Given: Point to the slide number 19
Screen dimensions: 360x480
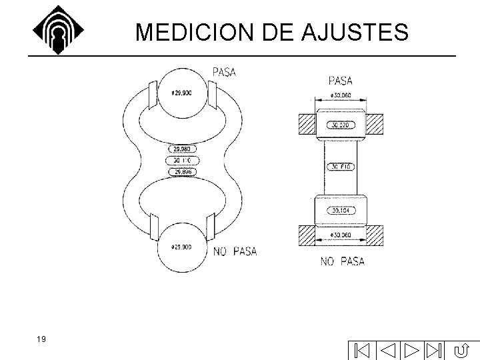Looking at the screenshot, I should pyautogui.click(x=41, y=339).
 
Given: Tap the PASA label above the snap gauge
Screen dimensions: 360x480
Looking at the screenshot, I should pyautogui.click(x=225, y=71).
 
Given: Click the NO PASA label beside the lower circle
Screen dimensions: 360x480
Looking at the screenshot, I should pyautogui.click(x=235, y=251).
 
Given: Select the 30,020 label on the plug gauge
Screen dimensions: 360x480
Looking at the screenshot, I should pyautogui.click(x=341, y=125).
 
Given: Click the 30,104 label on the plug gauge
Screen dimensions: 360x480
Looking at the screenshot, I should pyautogui.click(x=341, y=211).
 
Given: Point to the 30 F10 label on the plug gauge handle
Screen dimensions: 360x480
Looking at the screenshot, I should pyautogui.click(x=341, y=167).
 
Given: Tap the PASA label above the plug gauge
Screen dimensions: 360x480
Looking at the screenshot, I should pyautogui.click(x=341, y=81).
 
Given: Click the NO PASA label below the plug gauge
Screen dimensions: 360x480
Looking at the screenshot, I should pyautogui.click(x=343, y=261).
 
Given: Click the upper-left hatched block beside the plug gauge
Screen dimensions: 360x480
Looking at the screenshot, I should pyautogui.click(x=307, y=125).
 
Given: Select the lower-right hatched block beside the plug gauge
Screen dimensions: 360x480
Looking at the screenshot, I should pyautogui.click(x=373, y=235).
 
